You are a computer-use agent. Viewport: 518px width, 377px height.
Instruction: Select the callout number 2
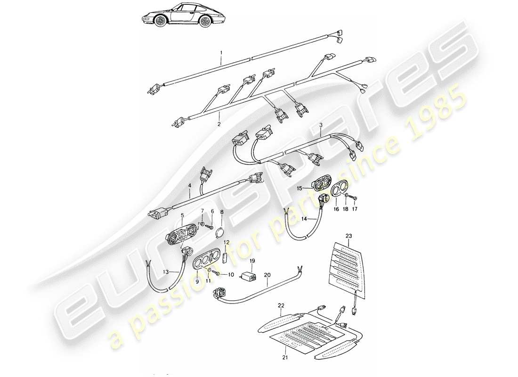point(219,125)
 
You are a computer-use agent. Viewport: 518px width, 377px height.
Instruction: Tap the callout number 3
point(320,126)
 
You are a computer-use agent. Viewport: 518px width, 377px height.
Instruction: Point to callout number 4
point(190,186)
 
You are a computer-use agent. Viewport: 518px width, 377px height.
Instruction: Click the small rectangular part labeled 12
point(226,258)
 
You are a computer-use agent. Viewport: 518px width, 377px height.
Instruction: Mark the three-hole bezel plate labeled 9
point(207,260)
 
